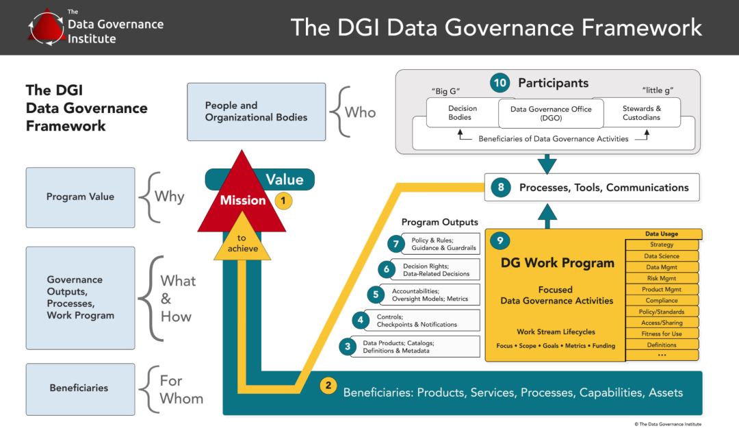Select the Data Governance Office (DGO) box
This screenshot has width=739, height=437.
[551, 113]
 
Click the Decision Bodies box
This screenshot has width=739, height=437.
[463, 113]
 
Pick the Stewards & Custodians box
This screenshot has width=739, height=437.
[641, 113]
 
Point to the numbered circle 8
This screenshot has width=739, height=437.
[501, 188]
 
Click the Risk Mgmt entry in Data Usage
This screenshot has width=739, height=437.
[662, 278]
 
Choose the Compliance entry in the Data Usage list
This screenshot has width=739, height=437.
[662, 301]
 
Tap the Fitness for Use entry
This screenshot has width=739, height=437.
[662, 334]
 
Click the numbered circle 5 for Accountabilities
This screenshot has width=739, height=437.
[376, 295]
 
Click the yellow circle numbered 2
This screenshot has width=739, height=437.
[328, 386]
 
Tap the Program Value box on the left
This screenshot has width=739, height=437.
[80, 197]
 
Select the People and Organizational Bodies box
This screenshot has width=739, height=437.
[257, 112]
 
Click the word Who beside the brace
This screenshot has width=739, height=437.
[360, 112]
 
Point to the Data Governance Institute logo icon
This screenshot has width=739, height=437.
[46, 27]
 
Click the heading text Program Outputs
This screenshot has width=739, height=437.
[439, 222]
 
